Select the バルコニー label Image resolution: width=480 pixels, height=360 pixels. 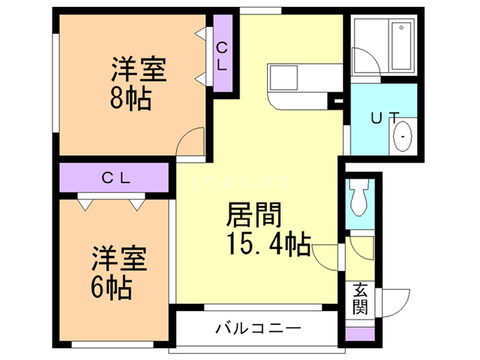[258, 328]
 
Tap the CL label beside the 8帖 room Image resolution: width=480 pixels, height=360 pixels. [222, 56]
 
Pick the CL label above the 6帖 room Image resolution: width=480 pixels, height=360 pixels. [117, 178]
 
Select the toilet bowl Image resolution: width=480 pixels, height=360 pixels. [358, 199]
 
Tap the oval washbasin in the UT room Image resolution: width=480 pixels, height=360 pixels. [403, 139]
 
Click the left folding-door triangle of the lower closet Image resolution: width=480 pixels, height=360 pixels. [84, 203]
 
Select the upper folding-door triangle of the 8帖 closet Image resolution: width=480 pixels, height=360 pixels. [202, 34]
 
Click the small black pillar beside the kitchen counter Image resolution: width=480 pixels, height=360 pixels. [337, 100]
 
